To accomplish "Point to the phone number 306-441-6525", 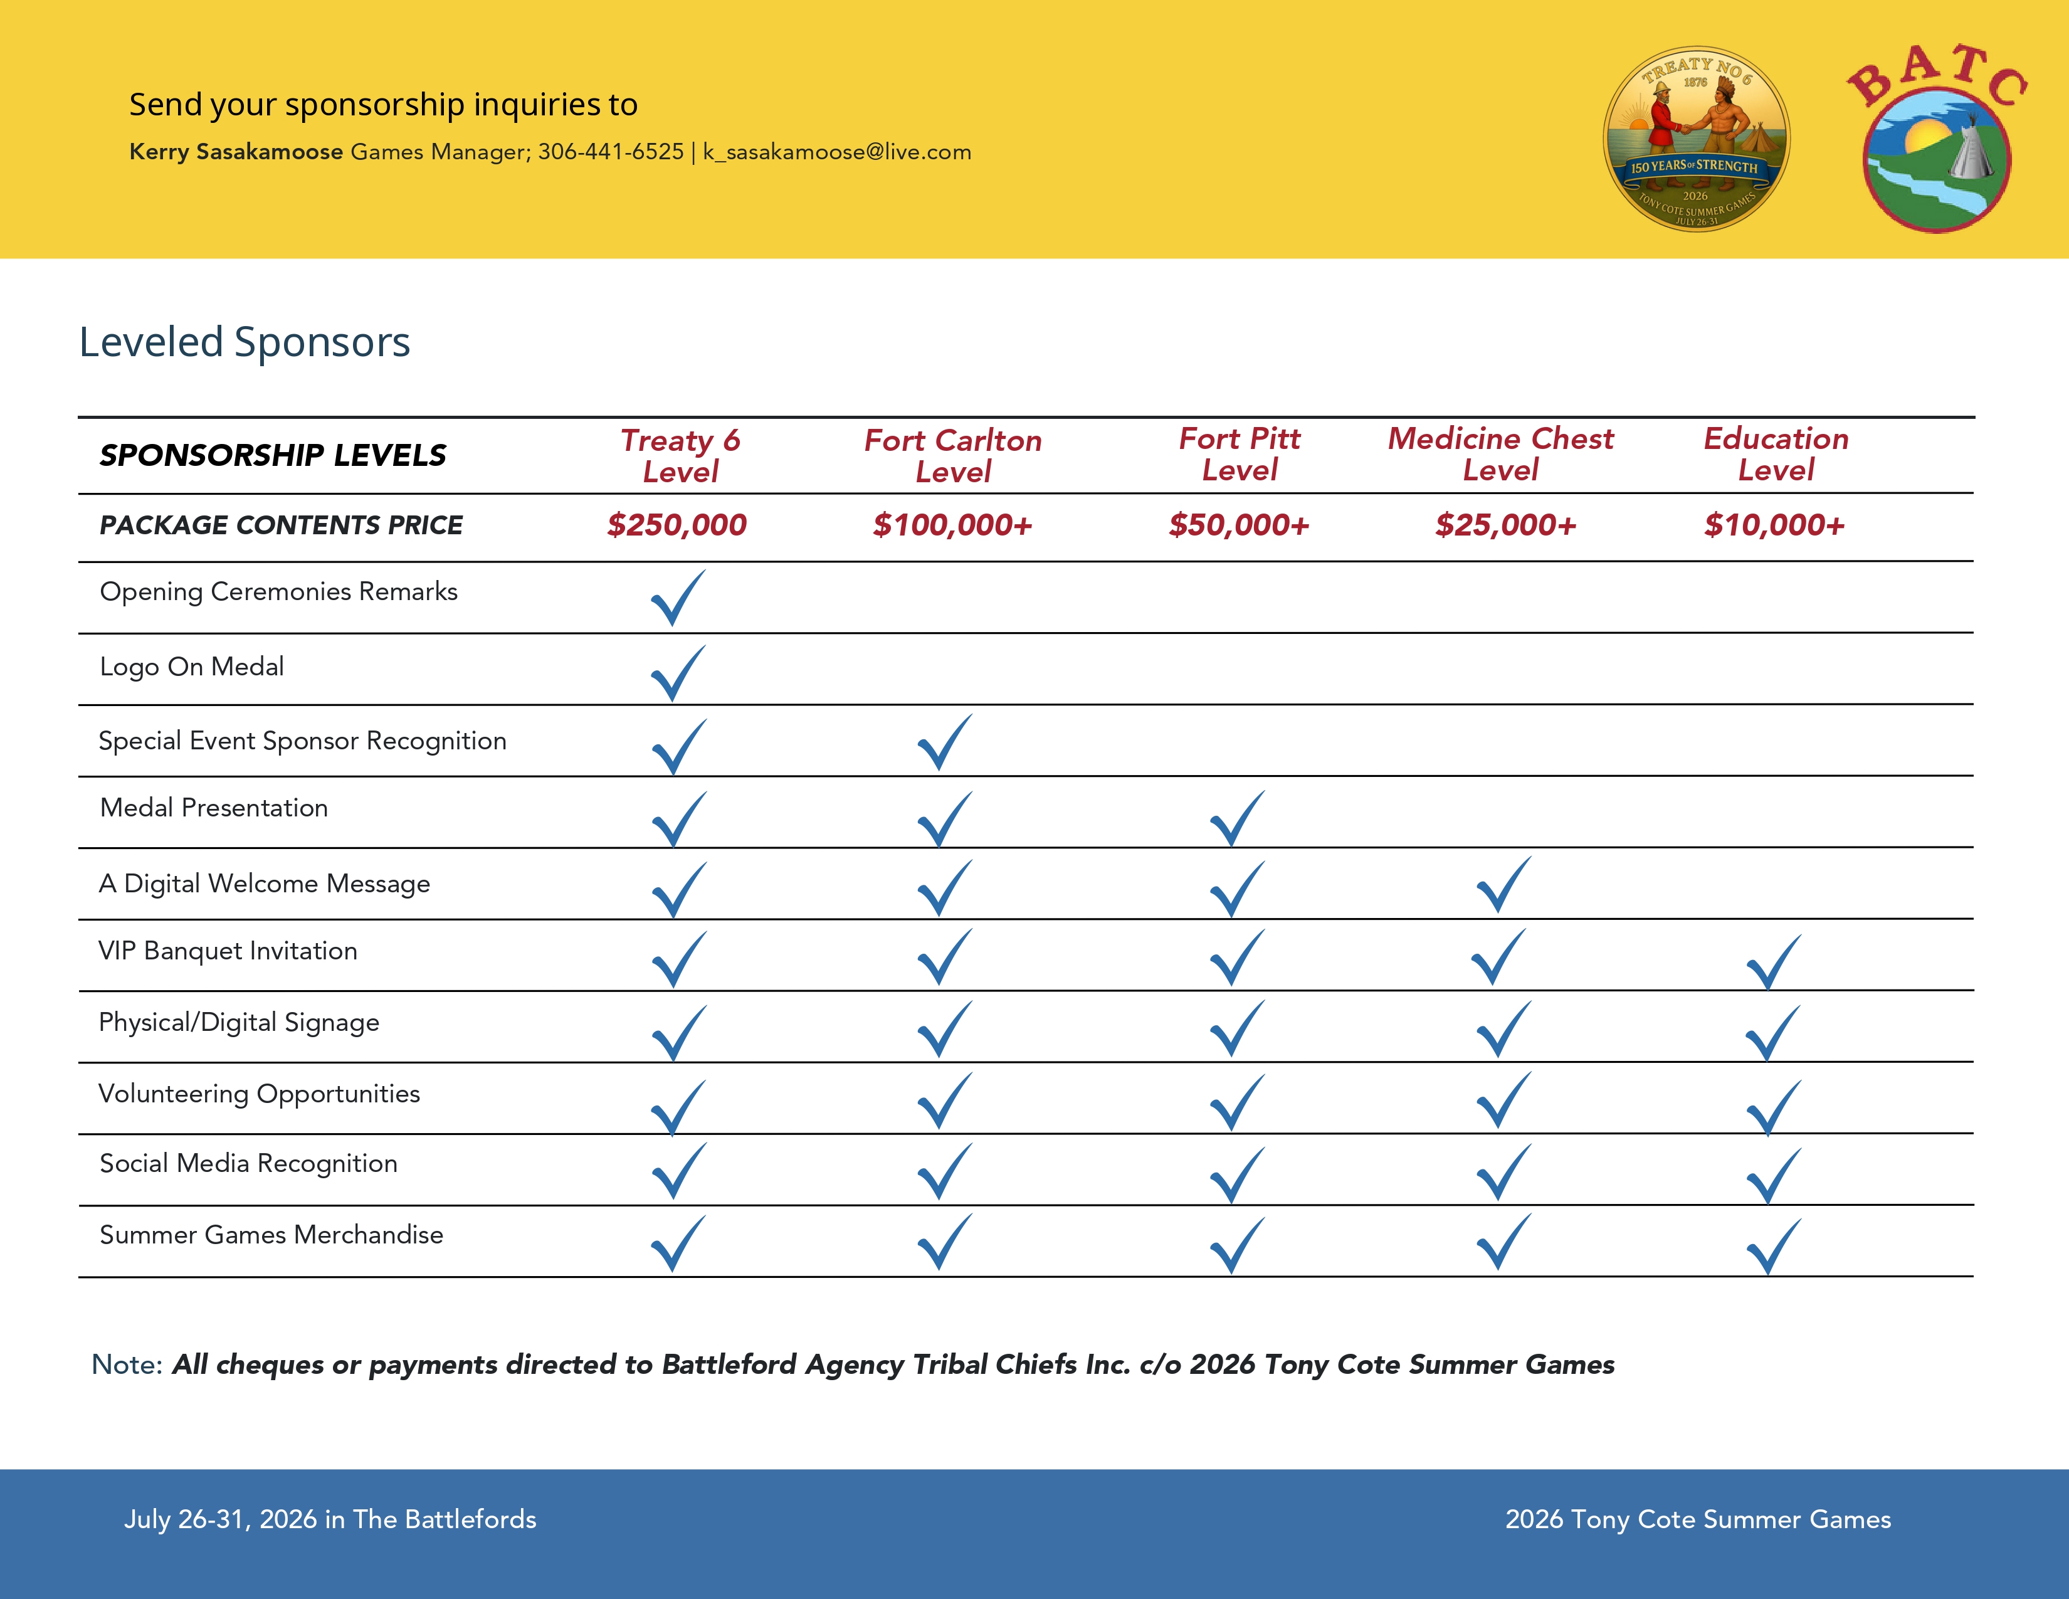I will tap(611, 152).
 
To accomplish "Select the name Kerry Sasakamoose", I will tap(236, 152).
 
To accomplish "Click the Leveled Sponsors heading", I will tap(245, 342).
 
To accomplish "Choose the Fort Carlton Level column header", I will tap(952, 456).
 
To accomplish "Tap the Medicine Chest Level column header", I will tap(1500, 454).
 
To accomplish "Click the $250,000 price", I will tap(677, 525).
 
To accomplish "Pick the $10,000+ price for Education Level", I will tap(1774, 525).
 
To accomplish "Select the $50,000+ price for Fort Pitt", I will tap(1238, 525).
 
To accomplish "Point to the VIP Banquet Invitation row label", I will tap(228, 951).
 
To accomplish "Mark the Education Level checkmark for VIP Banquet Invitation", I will tap(1774, 963).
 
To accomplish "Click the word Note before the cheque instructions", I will tap(126, 1365).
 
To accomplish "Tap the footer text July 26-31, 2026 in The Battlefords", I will tap(330, 1519).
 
